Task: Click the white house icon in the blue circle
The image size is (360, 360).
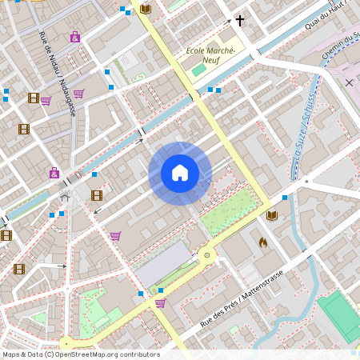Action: point(179,173)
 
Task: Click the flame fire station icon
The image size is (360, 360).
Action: point(262,240)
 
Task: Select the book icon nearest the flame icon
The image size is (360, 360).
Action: point(272,216)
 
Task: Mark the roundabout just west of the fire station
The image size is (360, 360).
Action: point(208,255)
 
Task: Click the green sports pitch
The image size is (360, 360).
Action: point(340,315)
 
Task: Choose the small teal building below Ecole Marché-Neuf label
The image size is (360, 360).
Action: point(198,70)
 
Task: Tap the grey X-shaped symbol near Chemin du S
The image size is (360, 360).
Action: point(349,82)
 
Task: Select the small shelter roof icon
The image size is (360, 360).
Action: point(65,197)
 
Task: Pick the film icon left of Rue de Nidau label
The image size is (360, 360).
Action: point(33,98)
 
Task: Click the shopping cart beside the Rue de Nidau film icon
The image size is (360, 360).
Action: point(46,101)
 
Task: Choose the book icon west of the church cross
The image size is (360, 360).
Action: point(145,9)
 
